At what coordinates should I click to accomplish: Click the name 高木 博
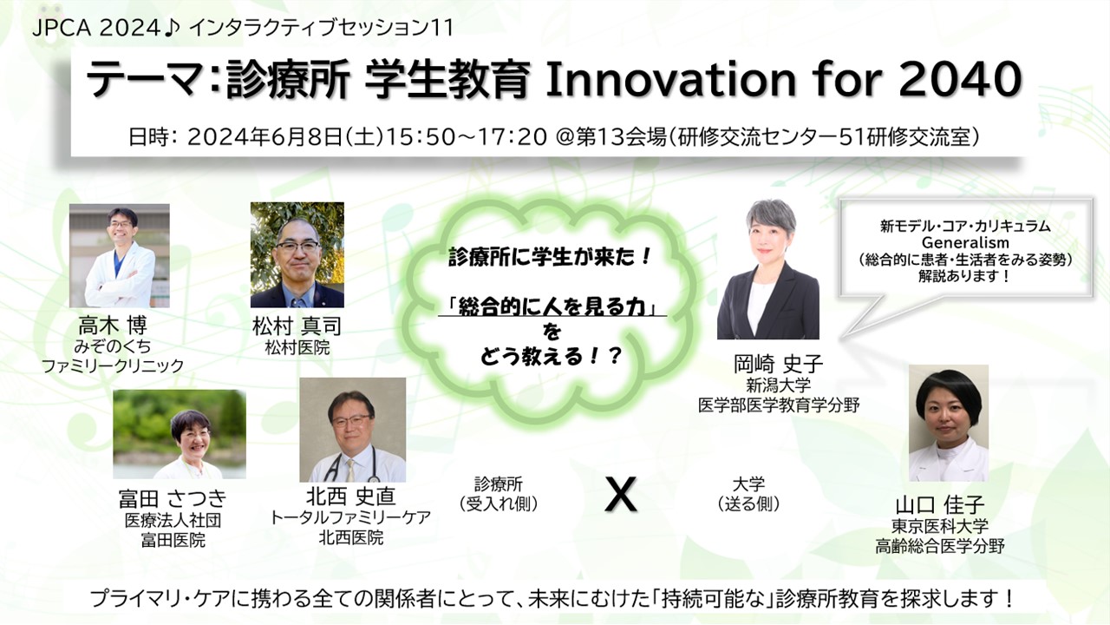(113, 326)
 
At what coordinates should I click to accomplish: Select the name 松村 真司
(297, 326)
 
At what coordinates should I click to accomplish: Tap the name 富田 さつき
(173, 498)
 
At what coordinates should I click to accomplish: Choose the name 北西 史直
(351, 497)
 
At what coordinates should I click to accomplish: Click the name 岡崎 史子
(778, 365)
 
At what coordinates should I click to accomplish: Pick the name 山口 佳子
(939, 505)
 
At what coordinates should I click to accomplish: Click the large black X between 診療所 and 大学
(621, 495)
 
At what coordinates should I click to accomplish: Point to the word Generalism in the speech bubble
(965, 242)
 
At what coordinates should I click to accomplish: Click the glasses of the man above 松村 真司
(297, 246)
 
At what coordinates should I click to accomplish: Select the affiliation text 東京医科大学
(939, 526)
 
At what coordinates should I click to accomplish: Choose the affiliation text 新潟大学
(778, 385)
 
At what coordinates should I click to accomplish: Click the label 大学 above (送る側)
(748, 484)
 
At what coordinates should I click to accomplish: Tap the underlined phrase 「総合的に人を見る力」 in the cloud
(552, 306)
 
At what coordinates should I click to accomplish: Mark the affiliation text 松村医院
(297, 348)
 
